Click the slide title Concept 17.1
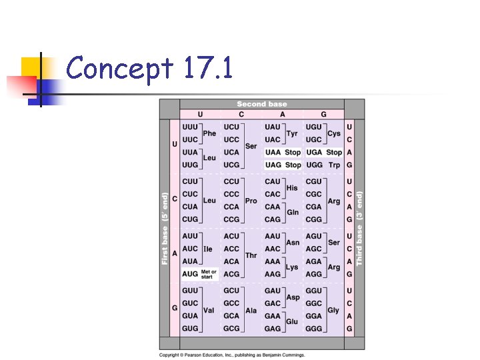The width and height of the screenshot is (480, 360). click(149, 69)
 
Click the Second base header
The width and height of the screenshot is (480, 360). click(261, 104)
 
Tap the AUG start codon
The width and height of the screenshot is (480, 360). click(190, 274)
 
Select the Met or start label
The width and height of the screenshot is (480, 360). click(209, 274)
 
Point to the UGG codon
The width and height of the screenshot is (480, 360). click(313, 165)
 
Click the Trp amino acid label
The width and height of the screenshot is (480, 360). click(334, 165)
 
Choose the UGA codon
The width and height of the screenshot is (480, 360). click(313, 153)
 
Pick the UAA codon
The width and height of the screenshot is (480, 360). click(273, 153)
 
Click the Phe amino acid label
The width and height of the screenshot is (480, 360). click(209, 133)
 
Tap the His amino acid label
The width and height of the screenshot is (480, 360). click(292, 188)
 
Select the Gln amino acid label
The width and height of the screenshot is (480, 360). click(293, 213)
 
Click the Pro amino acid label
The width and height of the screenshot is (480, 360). click(251, 201)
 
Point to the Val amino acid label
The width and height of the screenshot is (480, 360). click(209, 310)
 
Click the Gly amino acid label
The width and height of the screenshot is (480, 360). click(333, 310)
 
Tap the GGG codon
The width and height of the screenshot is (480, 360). click(313, 329)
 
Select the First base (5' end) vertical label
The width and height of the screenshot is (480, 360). click(165, 228)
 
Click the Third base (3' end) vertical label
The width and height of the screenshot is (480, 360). click(359, 228)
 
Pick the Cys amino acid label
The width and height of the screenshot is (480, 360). click(334, 133)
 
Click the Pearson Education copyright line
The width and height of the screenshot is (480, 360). click(231, 355)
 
